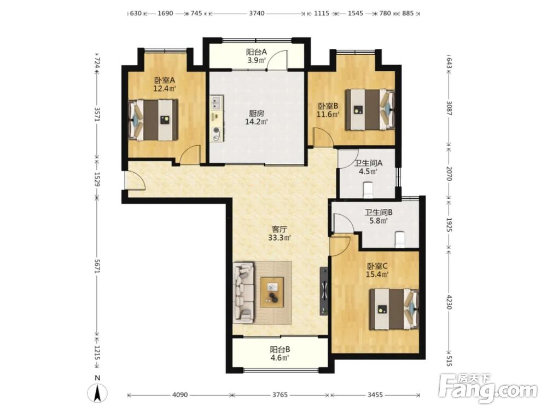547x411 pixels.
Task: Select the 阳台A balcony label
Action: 257,52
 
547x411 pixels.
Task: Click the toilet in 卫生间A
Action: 368,190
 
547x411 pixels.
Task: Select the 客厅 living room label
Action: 280,230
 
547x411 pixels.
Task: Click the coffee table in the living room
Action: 272,292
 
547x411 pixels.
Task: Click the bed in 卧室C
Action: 394,309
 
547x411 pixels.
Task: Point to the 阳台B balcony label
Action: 280,350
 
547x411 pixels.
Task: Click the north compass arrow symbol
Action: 98,394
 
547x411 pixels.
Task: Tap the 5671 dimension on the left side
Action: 97,267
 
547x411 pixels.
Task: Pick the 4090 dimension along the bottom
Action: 180,395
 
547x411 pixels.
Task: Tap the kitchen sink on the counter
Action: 217,102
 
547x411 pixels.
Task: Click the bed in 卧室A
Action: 153,120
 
